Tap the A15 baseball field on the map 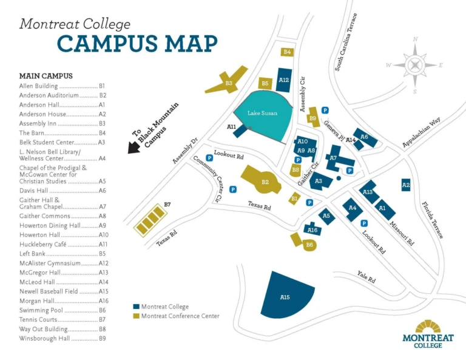285,297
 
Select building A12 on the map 283,80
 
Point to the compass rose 415,65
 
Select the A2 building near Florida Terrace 406,185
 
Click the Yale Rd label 366,277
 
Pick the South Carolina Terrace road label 346,42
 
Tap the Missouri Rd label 402,233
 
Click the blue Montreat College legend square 137,307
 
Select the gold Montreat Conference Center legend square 137,316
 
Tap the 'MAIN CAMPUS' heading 46,76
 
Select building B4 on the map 288,52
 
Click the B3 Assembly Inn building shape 228,83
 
